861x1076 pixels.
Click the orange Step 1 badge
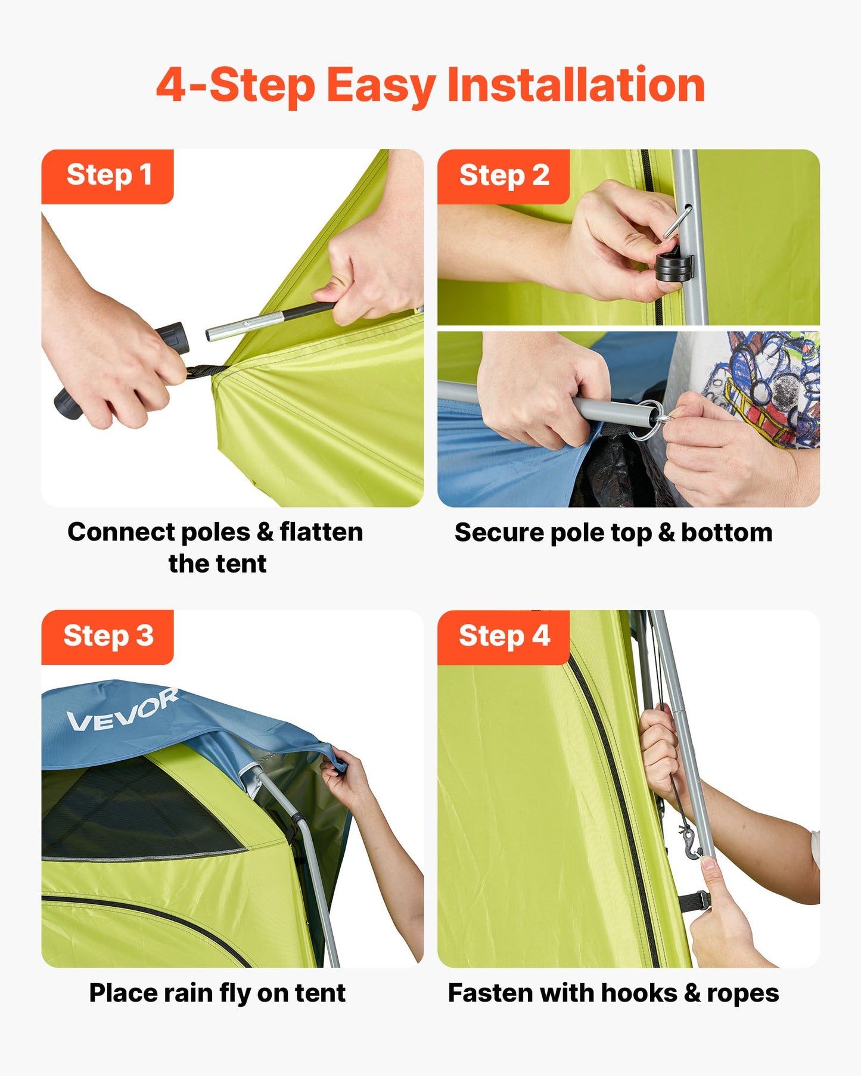(x=108, y=176)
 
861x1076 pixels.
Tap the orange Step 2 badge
(x=503, y=176)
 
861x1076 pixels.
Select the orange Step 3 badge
(x=108, y=636)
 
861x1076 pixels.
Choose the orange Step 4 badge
(x=503, y=636)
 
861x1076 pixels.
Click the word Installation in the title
(x=576, y=85)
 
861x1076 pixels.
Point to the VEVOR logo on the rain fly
(x=122, y=711)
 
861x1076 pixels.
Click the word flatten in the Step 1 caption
(x=321, y=532)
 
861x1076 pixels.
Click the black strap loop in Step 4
(x=700, y=901)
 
